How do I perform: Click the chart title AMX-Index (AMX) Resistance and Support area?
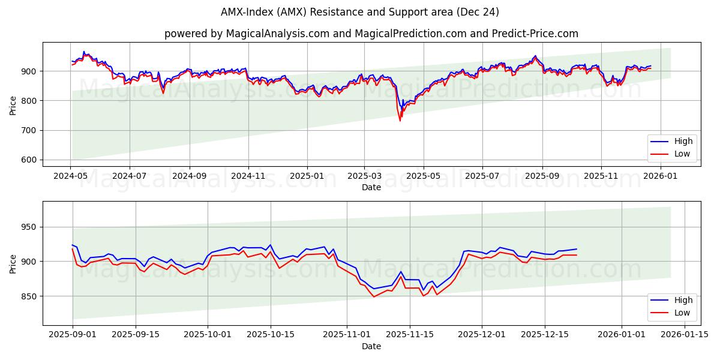[x=359, y=12]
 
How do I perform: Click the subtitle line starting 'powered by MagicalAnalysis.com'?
[x=371, y=34]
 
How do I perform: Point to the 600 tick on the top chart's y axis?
[x=29, y=160]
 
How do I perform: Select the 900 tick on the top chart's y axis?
[x=29, y=71]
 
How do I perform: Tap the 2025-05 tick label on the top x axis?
[x=423, y=176]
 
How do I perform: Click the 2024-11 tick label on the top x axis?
[x=248, y=176]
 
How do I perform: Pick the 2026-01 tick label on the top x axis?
[x=660, y=176]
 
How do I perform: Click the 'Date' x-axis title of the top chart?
[x=371, y=187]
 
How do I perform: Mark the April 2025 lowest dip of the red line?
[x=400, y=121]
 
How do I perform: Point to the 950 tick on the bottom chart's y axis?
[x=29, y=227]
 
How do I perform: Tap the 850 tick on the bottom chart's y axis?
[x=29, y=296]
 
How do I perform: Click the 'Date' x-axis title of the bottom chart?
[x=371, y=346]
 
